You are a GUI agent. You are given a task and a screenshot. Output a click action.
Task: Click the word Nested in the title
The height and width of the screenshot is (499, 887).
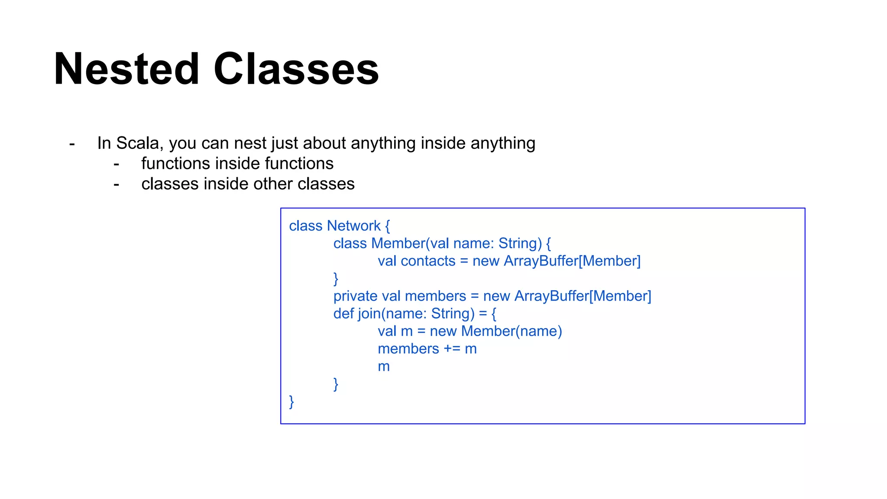pyautogui.click(x=126, y=69)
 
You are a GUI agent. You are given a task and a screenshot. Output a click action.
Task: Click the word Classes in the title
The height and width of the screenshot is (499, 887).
pyautogui.click(x=296, y=69)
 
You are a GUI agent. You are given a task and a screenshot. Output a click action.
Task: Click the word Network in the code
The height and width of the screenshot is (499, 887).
pyautogui.click(x=353, y=226)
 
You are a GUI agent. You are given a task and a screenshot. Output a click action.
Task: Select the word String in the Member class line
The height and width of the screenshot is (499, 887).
pyautogui.click(x=520, y=243)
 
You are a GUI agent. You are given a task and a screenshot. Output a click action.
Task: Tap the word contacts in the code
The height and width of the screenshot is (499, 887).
pyautogui.click(x=428, y=261)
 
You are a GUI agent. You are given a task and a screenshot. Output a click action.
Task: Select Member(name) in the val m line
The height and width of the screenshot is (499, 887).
pyautogui.click(x=511, y=331)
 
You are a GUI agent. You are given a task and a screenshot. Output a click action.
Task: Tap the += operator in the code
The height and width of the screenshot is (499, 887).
pyautogui.click(x=452, y=349)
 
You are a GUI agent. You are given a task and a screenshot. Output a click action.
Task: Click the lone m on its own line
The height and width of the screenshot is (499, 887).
pyautogui.click(x=384, y=367)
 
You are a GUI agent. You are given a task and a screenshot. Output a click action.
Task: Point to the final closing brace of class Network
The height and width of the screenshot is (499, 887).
pyautogui.click(x=291, y=402)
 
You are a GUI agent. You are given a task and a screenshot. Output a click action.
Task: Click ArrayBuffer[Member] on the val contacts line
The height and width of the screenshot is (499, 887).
pyautogui.click(x=572, y=261)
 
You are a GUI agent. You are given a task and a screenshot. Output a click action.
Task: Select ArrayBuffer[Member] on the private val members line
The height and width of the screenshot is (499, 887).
pyautogui.click(x=583, y=296)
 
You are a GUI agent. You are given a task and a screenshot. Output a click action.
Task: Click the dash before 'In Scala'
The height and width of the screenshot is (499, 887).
pyautogui.click(x=72, y=144)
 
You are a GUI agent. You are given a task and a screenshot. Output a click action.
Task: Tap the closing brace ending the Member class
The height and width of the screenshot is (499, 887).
pyautogui.click(x=336, y=279)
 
